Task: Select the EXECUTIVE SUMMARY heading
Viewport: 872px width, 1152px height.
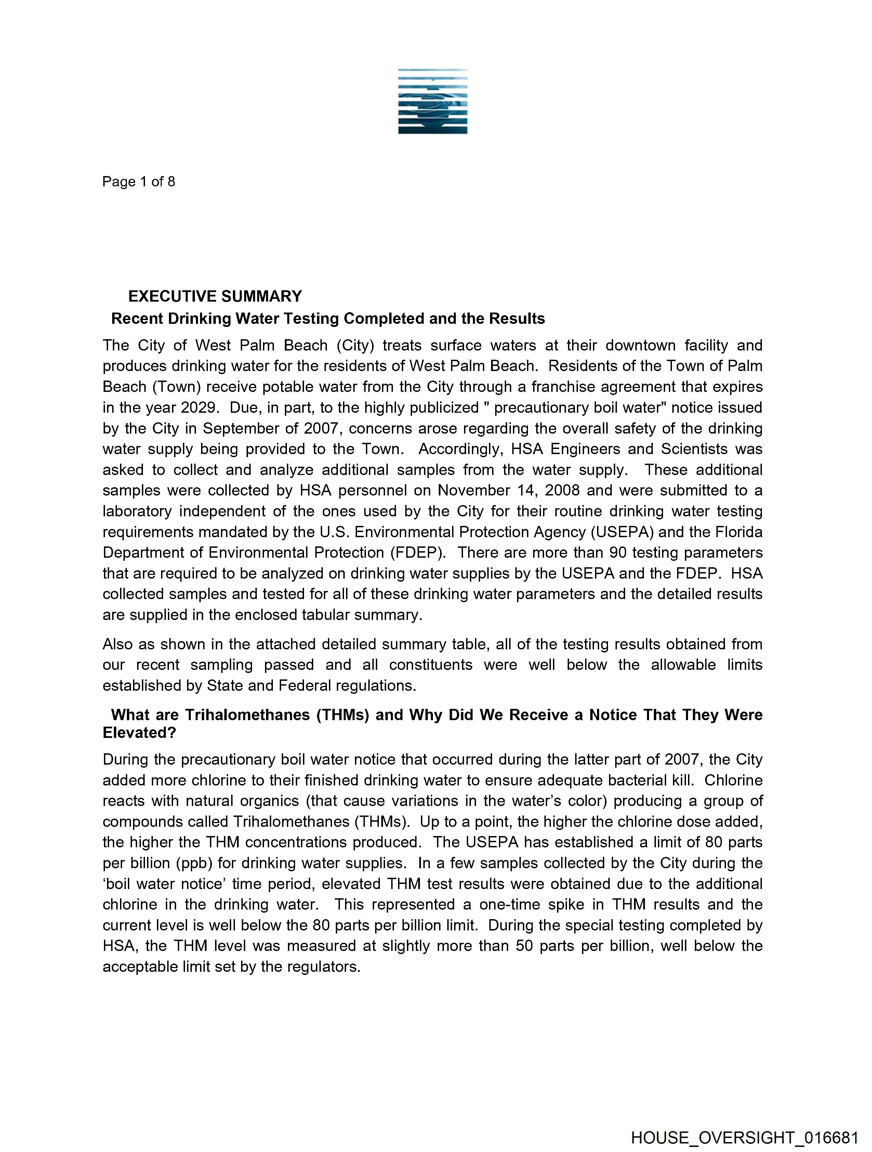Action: (x=215, y=296)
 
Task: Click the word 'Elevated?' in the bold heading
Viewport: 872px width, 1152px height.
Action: (x=140, y=733)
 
